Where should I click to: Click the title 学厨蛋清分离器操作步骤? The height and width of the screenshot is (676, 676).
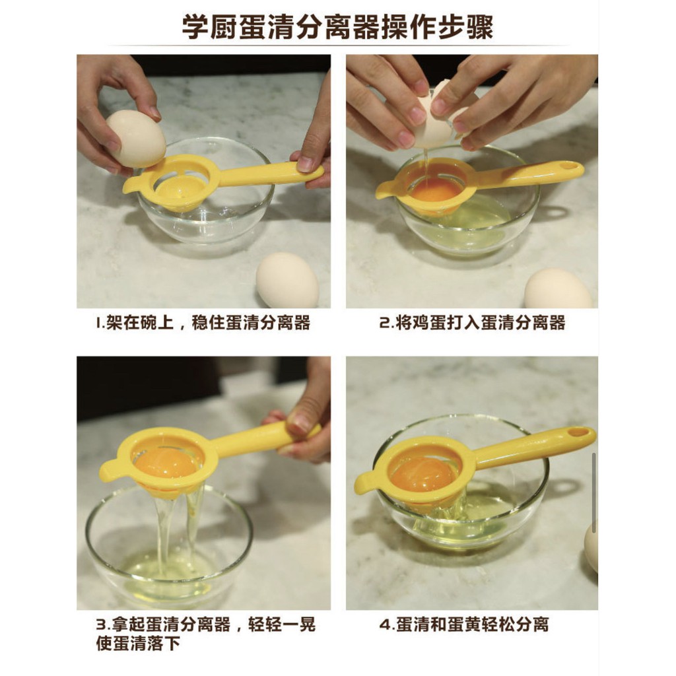coord(337,27)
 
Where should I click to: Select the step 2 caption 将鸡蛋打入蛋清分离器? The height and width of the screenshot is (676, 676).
coord(481,323)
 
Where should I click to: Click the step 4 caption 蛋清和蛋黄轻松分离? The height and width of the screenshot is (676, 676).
coord(473,625)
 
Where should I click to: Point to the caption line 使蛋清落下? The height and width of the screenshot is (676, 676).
coord(138,644)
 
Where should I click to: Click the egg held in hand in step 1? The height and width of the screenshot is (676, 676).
coord(136,137)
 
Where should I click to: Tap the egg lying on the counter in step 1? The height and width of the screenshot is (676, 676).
coord(287,280)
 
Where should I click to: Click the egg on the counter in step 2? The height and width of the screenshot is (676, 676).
coord(558,289)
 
